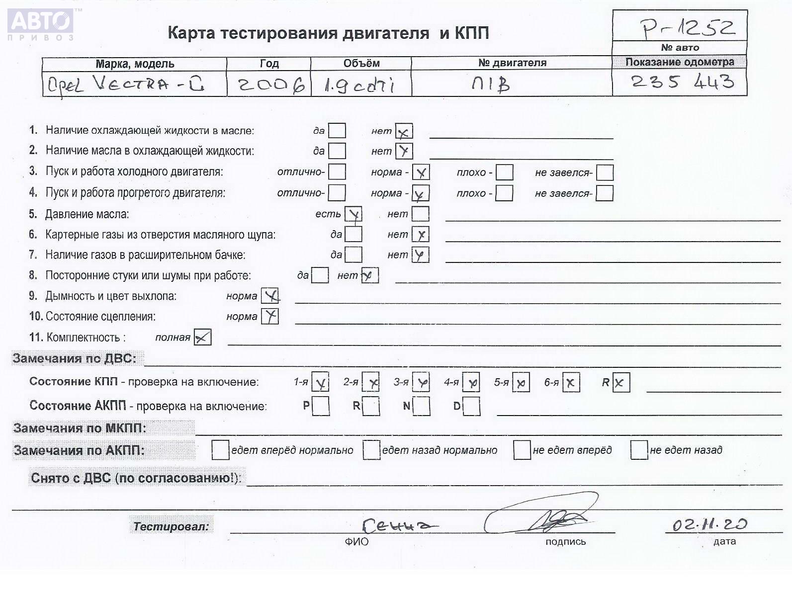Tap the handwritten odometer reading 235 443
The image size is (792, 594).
682,82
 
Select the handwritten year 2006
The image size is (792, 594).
270,85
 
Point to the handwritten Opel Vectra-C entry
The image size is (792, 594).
125,85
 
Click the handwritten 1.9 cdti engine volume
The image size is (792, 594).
359,85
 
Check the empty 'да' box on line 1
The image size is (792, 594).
337,131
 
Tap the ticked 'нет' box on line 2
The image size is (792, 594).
404,151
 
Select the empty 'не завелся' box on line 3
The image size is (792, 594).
605,172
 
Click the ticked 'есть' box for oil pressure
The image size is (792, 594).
353,215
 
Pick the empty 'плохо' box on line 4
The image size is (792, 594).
504,193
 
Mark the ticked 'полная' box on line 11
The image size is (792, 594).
202,338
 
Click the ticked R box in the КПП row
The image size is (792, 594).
621,383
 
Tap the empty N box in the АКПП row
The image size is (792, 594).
422,406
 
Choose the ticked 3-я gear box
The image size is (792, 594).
421,382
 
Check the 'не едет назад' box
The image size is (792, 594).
638,450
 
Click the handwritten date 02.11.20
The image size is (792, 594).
709,524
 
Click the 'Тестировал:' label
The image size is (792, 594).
171,526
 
